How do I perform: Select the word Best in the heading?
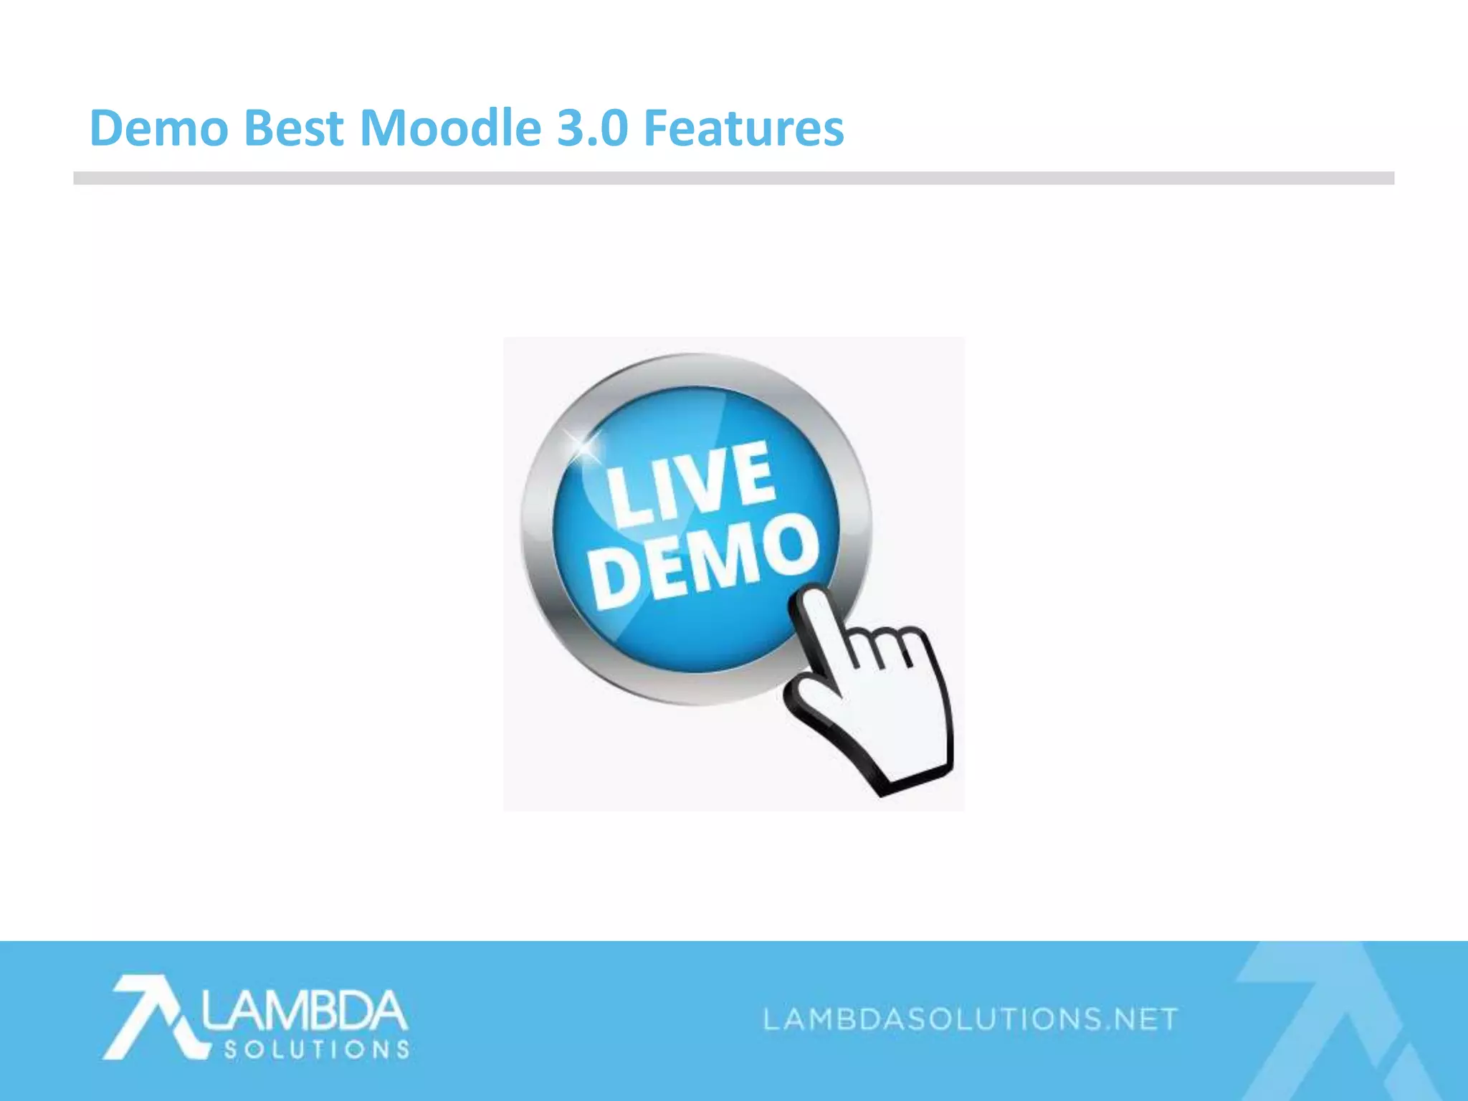[x=294, y=128]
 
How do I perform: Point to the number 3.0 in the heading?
[x=592, y=128]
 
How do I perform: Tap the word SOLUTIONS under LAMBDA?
[x=316, y=1050]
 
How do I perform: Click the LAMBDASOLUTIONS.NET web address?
[x=971, y=1019]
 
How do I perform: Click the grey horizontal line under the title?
[x=734, y=178]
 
